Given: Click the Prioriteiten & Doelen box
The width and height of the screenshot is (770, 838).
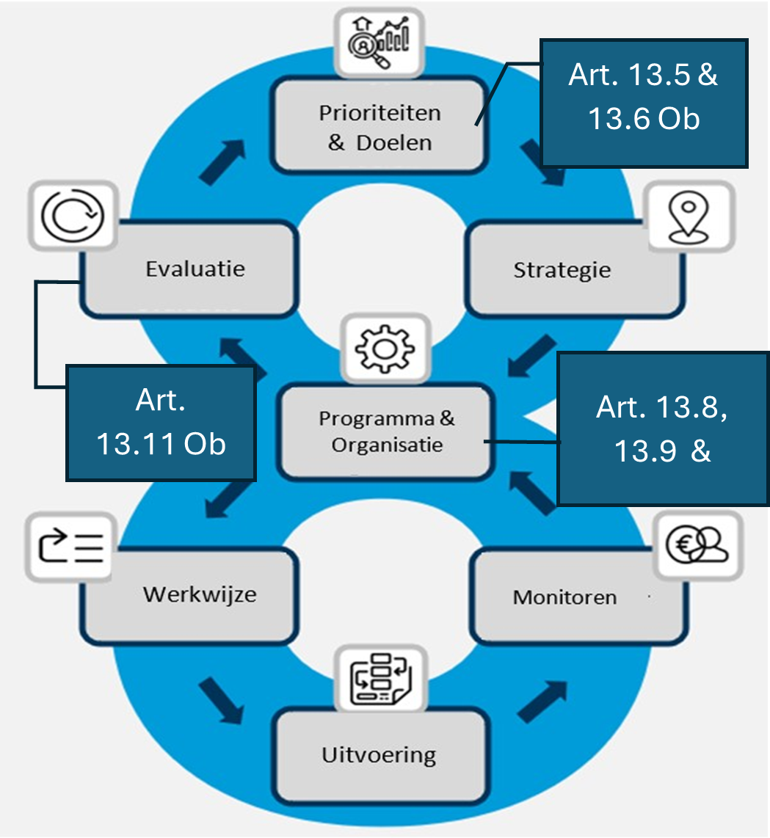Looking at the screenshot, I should (379, 126).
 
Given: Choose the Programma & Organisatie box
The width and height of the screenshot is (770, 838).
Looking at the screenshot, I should (385, 431).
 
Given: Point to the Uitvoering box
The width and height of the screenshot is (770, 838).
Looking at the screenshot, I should (379, 754).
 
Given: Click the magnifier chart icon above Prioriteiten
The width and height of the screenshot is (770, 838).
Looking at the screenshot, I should (379, 42).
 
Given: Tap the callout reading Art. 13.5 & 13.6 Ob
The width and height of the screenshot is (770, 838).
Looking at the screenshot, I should (644, 103).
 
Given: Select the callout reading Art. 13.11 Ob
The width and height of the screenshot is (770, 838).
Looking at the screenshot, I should (161, 423).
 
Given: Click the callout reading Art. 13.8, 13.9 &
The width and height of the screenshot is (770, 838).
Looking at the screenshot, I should (662, 429).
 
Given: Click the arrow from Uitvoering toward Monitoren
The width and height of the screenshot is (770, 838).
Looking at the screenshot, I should (542, 699).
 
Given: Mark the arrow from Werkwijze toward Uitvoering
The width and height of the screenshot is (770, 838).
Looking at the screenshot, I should (221, 699).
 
